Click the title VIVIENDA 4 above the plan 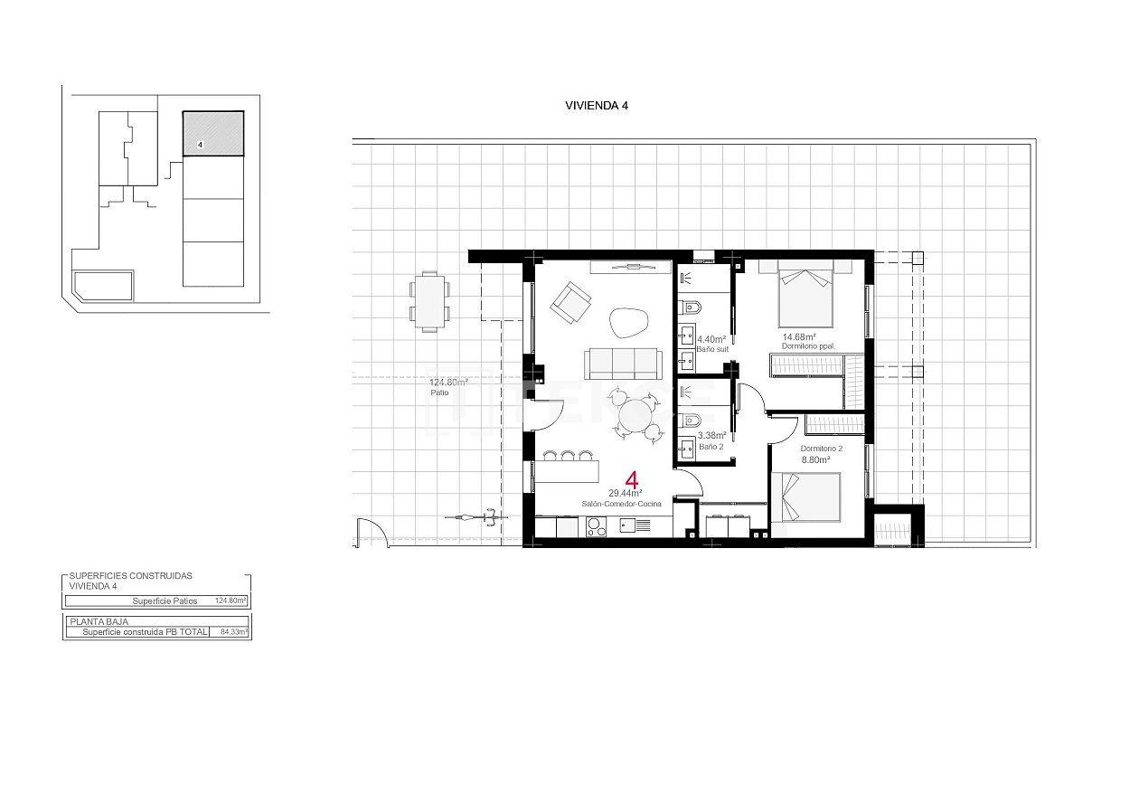(x=596, y=105)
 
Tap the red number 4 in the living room (x=632, y=480)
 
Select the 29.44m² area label (x=625, y=493)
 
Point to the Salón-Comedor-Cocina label (x=621, y=504)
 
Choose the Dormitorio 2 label (x=821, y=449)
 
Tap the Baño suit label (x=712, y=349)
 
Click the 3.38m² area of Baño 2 (x=711, y=436)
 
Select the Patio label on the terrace (x=439, y=393)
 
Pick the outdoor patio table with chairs (x=429, y=301)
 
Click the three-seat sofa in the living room (x=620, y=363)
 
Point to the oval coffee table (x=628, y=321)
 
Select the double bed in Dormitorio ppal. (x=805, y=297)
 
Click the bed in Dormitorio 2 (x=809, y=498)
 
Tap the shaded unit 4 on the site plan (x=213, y=134)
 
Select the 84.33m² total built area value (x=233, y=632)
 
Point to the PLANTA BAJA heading (x=99, y=622)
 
